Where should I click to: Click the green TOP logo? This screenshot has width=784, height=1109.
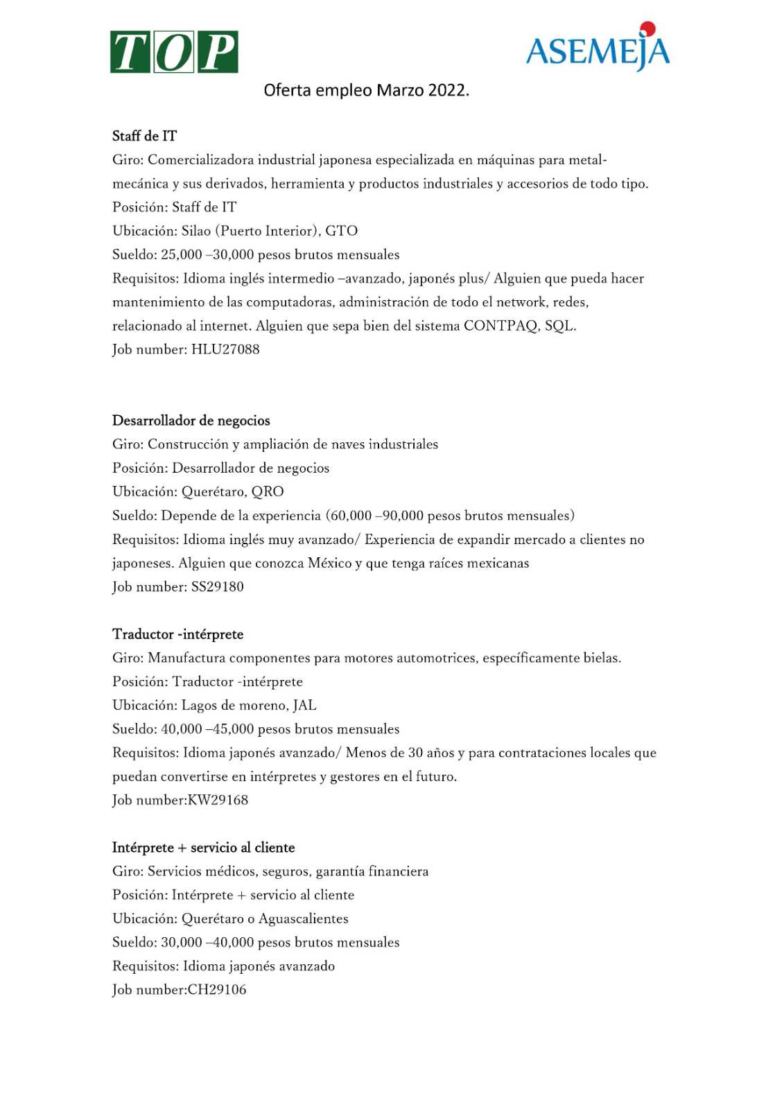coord(174,52)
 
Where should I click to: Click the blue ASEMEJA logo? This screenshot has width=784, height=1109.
coord(597,51)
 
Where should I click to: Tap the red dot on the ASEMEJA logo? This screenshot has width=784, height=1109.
coord(647,29)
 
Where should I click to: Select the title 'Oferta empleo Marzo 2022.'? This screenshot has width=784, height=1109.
coord(366,90)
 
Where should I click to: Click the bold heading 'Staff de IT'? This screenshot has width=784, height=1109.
coord(144,136)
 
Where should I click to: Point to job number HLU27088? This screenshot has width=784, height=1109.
coord(225,349)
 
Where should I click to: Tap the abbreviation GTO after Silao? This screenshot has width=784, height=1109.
coord(341,231)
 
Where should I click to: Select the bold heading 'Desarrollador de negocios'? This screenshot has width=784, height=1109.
coord(191,421)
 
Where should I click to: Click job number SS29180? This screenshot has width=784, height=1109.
coord(217,587)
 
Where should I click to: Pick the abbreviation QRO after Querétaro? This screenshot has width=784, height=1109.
coord(268,492)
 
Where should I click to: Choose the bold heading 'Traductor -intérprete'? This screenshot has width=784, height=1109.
coord(177,634)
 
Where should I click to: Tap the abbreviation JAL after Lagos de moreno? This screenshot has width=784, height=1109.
coord(304,706)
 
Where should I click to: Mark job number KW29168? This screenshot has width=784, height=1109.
coord(218,801)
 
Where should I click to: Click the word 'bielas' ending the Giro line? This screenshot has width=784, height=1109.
coord(601,658)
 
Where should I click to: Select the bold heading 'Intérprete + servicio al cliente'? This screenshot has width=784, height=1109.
coord(203,848)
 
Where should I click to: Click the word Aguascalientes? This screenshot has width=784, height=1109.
coord(303,919)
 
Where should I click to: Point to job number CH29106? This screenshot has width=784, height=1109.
coord(217,990)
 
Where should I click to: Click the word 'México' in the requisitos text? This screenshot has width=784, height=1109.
coord(330,563)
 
